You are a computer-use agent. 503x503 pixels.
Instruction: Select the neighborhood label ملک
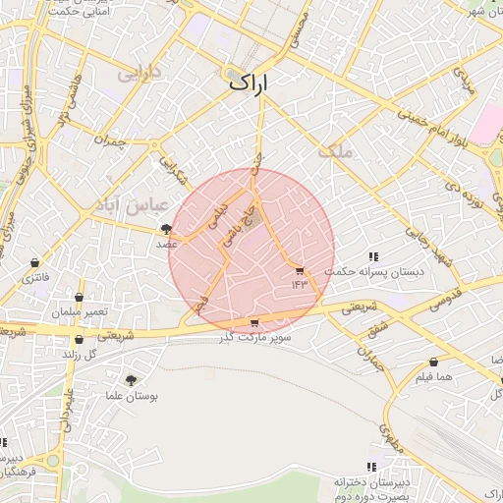click(x=334, y=151)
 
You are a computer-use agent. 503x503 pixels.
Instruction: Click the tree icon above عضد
click(x=165, y=229)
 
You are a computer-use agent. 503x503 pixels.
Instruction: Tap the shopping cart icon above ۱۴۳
click(x=300, y=271)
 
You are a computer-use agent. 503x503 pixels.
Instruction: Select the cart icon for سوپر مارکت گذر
click(x=255, y=322)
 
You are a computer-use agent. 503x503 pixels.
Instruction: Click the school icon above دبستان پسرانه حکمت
click(x=373, y=256)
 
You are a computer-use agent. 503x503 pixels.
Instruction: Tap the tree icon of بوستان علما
click(x=132, y=379)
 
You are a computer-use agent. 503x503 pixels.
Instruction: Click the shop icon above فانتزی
click(x=36, y=263)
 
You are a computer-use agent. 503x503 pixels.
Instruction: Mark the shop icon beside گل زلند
click(x=79, y=339)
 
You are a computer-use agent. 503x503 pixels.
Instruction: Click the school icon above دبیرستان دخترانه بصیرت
click(x=371, y=467)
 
